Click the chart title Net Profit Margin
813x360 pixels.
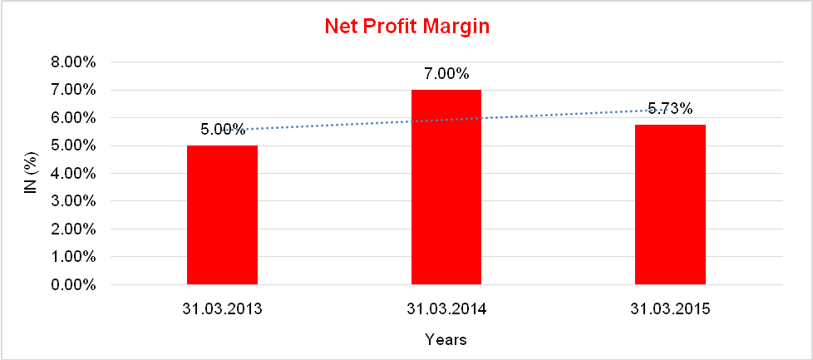pyautogui.click(x=406, y=26)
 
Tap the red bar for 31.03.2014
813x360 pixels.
pyautogui.click(x=446, y=187)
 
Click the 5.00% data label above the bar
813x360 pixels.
pyautogui.click(x=222, y=130)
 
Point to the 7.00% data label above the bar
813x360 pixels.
pyautogui.click(x=446, y=74)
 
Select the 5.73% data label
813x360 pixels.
pyautogui.click(x=671, y=108)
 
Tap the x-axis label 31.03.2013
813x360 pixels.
pyautogui.click(x=222, y=309)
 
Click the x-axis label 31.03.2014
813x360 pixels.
pyautogui.click(x=446, y=309)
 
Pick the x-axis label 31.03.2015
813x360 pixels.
pyautogui.click(x=671, y=309)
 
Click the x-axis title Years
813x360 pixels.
pyautogui.click(x=446, y=339)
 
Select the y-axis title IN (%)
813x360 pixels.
pyautogui.click(x=31, y=173)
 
